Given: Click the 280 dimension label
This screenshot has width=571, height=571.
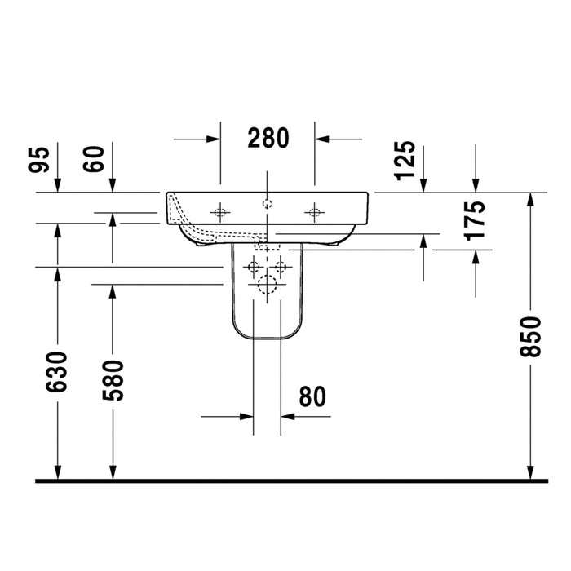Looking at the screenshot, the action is [x=268, y=138].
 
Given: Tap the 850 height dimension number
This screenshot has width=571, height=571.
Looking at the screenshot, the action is [x=530, y=337].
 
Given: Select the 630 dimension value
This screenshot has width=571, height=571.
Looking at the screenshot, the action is [x=57, y=372].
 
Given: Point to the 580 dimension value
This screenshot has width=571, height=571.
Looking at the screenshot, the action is [x=113, y=381].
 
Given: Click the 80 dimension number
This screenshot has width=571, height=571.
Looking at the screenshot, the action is [x=312, y=396].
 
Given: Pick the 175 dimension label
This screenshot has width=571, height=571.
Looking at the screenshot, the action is [x=475, y=221].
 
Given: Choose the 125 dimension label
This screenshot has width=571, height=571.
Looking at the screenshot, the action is [x=405, y=161].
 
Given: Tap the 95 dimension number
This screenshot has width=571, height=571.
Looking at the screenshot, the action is [x=38, y=160].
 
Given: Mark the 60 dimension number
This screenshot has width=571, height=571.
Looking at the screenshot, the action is [x=93, y=159].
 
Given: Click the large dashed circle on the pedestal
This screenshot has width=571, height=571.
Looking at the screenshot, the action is [x=267, y=285].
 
